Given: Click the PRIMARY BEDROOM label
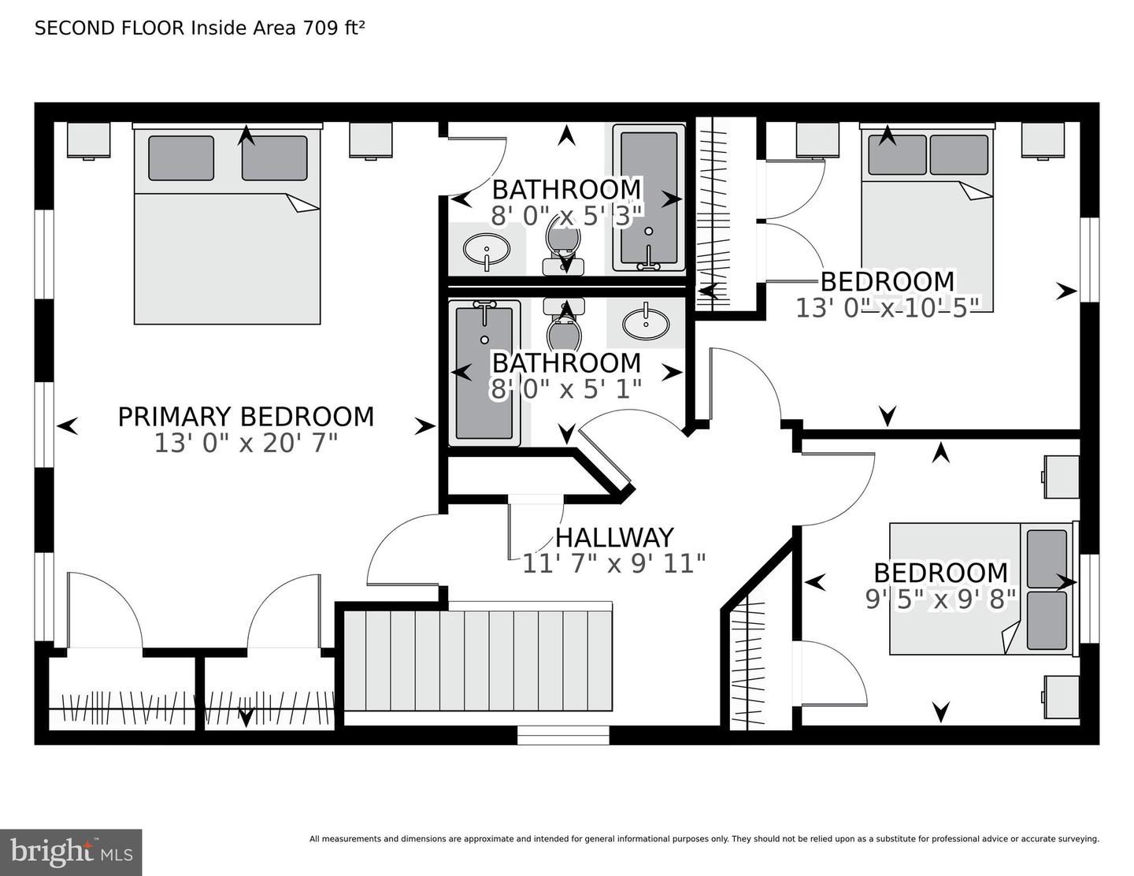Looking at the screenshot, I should tap(246, 417).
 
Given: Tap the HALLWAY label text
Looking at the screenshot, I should tap(614, 537).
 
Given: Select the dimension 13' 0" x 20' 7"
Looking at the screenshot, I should tap(246, 444).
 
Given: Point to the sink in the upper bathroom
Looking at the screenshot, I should tap(485, 251).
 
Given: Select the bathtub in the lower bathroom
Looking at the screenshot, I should tap(484, 372).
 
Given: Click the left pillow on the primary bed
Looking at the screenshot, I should tap(181, 158).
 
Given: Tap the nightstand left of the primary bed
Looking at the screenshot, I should tap(88, 140).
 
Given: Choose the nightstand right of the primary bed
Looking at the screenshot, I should tap(371, 140).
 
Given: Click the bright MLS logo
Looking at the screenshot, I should tap(71, 852).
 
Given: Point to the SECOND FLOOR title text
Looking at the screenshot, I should tap(109, 28).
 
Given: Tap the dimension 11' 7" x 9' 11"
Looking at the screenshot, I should tap(614, 563).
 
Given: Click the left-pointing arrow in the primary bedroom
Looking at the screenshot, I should tap(68, 426).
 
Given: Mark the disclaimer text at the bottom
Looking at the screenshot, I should tap(704, 839).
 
